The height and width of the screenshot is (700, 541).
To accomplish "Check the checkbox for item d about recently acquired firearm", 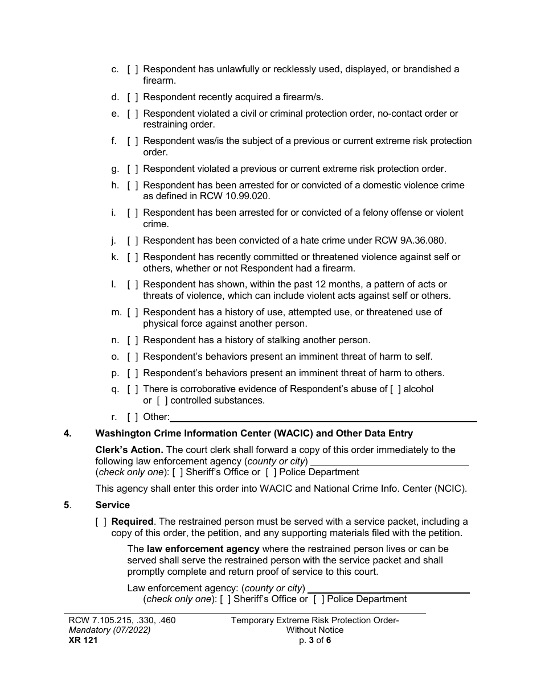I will [x=132, y=97].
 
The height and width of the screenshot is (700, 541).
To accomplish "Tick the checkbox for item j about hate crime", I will [x=132, y=240].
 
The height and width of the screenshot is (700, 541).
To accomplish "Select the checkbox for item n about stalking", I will [x=132, y=340].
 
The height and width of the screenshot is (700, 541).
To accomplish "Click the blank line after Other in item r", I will [x=323, y=418].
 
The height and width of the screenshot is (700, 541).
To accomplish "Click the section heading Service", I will [x=112, y=505].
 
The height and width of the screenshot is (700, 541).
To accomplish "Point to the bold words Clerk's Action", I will [x=129, y=450].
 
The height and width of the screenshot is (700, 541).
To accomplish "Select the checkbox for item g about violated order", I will [x=132, y=169].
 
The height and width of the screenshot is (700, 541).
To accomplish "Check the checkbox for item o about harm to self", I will [x=132, y=357].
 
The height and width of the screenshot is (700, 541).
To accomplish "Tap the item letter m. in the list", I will [x=116, y=312].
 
